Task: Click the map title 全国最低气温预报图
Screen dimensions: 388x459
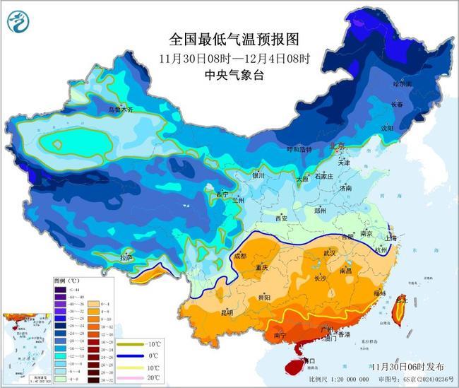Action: tap(225, 38)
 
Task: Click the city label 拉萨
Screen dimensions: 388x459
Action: tap(126, 257)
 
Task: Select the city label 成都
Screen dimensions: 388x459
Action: tap(239, 256)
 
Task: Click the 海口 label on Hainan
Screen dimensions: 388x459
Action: tap(307, 360)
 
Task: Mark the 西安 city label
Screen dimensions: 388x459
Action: tap(281, 218)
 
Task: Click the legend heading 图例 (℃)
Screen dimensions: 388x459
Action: tap(67, 281)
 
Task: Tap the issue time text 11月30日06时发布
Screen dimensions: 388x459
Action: tap(407, 366)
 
